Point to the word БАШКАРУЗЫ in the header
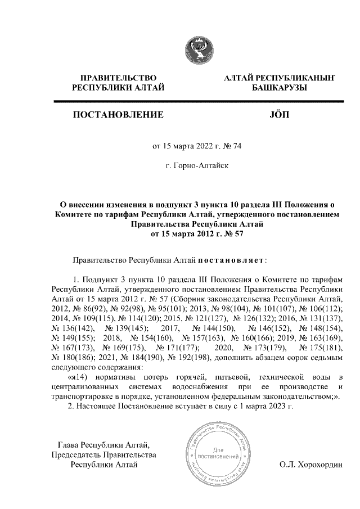click(x=279, y=88)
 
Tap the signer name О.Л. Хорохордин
click(x=310, y=465)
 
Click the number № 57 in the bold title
click(x=232, y=234)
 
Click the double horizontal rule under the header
click(x=197, y=102)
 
